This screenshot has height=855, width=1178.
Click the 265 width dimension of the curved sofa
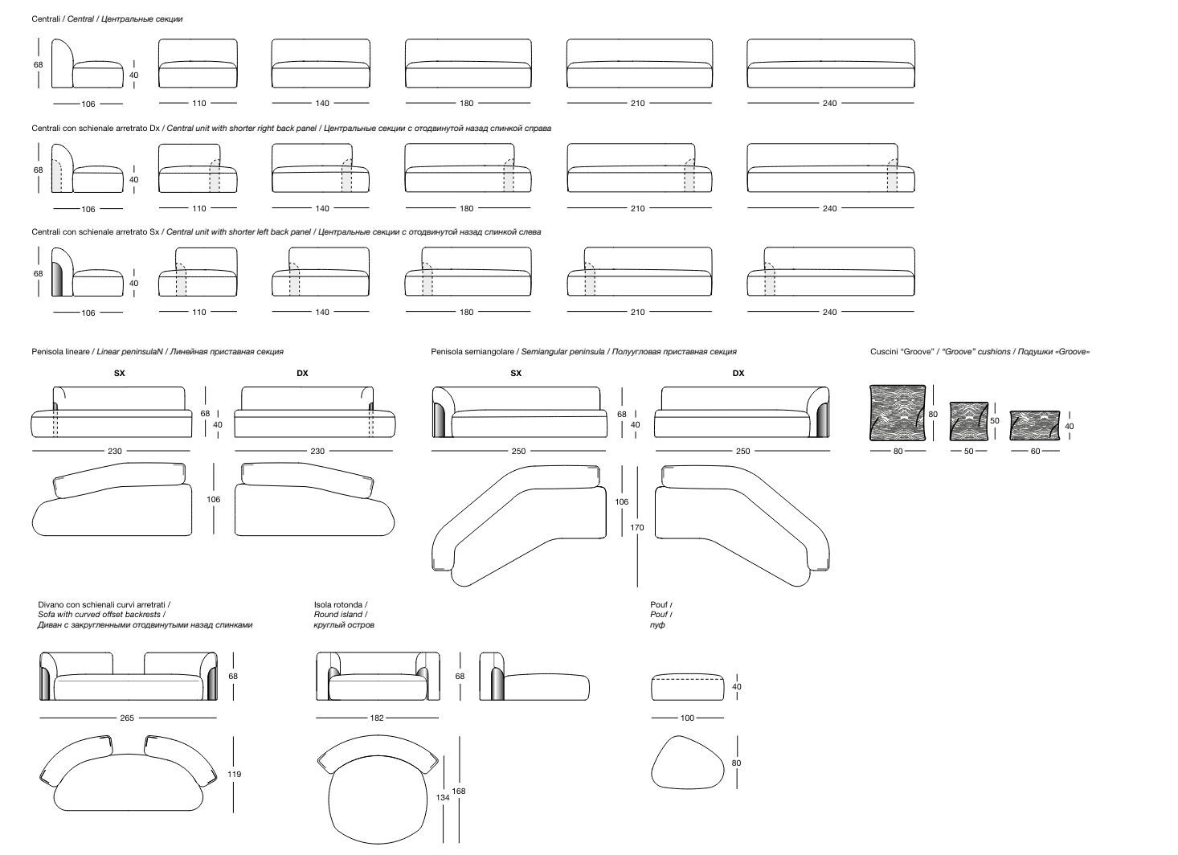(x=127, y=718)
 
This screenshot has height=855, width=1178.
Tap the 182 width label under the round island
(x=377, y=718)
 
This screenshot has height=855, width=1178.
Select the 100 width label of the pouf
(x=687, y=718)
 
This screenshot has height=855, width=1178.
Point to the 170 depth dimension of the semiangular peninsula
(x=637, y=527)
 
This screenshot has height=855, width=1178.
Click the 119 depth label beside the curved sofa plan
(x=234, y=774)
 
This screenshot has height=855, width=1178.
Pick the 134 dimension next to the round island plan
(x=443, y=798)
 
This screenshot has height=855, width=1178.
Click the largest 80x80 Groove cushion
(x=898, y=413)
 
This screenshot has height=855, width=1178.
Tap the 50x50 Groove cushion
(x=969, y=421)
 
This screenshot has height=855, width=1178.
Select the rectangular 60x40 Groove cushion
(x=1034, y=425)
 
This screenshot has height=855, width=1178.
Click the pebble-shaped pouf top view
(x=688, y=763)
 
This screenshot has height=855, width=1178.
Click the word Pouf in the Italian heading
(x=659, y=605)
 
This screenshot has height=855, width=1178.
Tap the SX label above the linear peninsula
(x=120, y=374)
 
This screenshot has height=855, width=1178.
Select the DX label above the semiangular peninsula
(x=738, y=374)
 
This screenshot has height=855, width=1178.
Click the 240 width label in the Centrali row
(x=829, y=103)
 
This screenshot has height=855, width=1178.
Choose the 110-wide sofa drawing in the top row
(x=198, y=63)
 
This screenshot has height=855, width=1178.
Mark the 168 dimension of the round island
(x=459, y=791)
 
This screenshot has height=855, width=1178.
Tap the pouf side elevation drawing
(x=688, y=687)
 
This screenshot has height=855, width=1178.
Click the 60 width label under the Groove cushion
(x=1035, y=451)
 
